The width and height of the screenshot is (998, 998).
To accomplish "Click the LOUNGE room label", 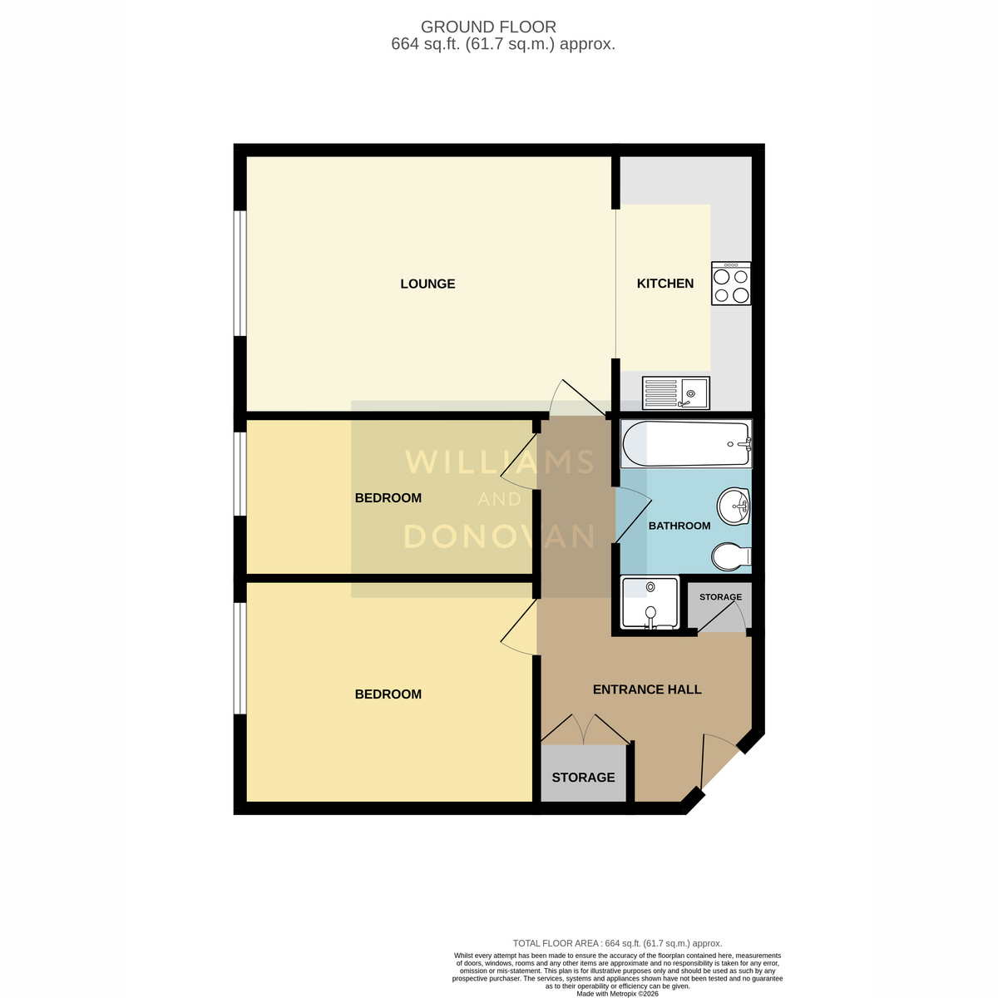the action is click(427, 284).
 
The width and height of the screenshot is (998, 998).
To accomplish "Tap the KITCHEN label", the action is click(665, 284).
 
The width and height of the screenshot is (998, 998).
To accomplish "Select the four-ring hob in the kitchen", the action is click(731, 284).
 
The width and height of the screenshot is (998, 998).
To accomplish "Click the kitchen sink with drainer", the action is click(676, 393).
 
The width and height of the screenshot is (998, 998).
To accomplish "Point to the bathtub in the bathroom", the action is click(687, 444).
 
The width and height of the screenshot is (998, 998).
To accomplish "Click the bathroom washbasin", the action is click(734, 506).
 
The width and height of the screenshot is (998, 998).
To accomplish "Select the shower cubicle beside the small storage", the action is click(650, 603).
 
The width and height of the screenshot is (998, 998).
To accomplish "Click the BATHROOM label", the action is click(679, 526).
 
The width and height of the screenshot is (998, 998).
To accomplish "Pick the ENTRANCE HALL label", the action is click(647, 689).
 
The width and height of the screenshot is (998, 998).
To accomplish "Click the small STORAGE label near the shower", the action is click(720, 596).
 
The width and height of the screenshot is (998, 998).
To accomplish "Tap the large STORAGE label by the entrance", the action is click(583, 778).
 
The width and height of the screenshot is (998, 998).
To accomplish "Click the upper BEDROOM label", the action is click(388, 497).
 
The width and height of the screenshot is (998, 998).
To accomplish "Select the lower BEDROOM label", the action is click(388, 694).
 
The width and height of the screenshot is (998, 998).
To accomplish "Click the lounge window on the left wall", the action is click(240, 273).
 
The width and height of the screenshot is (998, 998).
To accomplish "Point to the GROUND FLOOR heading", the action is click(488, 27).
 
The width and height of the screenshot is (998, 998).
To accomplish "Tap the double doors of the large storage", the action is click(584, 729).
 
